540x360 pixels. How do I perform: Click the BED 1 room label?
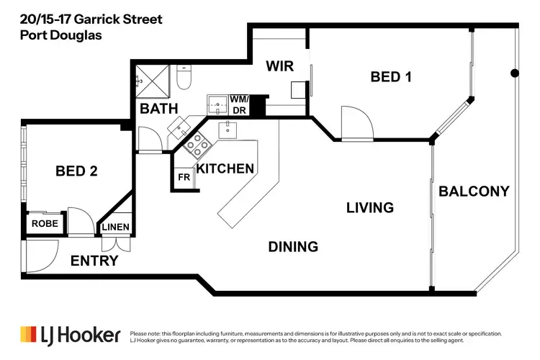pos(390,76)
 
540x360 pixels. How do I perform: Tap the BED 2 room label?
pos(76,171)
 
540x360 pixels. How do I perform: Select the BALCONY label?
pos(474,191)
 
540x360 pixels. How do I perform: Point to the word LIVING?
pos(370,207)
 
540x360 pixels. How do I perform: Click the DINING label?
pos(293,246)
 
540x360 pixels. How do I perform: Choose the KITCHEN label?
pos(225,168)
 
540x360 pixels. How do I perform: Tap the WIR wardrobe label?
pos(279,66)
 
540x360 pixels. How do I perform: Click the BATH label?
pos(159,109)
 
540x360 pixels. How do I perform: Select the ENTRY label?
pos(94,261)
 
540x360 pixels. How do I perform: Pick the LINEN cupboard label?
pos(115,228)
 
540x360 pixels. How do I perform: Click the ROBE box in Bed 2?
pos(45,224)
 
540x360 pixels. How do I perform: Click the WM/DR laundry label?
pos(238,104)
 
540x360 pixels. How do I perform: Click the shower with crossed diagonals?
pos(153,81)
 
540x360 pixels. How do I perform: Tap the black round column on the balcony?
pos(514,73)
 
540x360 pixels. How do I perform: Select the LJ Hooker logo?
pos(68,335)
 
